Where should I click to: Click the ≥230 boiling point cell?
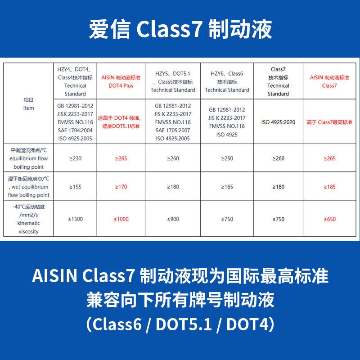pyautogui.click(x=75, y=158)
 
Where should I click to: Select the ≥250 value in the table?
pyautogui.click(x=227, y=158)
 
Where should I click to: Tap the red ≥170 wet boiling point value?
pyautogui.click(x=121, y=187)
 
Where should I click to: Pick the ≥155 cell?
pyautogui.click(x=75, y=187)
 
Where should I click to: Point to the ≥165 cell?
pyautogui.click(x=227, y=187)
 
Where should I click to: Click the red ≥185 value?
pyautogui.click(x=329, y=187)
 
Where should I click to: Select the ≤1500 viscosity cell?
pyautogui.click(x=75, y=219)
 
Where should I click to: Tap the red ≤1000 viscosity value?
pyautogui.click(x=121, y=219)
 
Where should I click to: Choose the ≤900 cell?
pyautogui.click(x=173, y=219)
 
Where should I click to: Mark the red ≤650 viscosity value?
pyautogui.click(x=329, y=219)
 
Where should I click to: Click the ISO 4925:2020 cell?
pyautogui.click(x=278, y=122)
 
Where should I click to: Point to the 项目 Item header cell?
pyautogui.click(x=28, y=104)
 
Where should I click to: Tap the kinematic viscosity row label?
pyautogui.click(x=28, y=219)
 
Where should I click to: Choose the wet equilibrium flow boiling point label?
pyautogui.click(x=28, y=187)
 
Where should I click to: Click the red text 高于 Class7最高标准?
pyautogui.click(x=329, y=122)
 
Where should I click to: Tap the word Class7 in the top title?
pyautogui.click(x=169, y=29)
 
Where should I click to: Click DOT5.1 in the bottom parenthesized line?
pyautogui.click(x=184, y=324)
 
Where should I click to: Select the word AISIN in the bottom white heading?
pyautogui.click(x=54, y=275)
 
